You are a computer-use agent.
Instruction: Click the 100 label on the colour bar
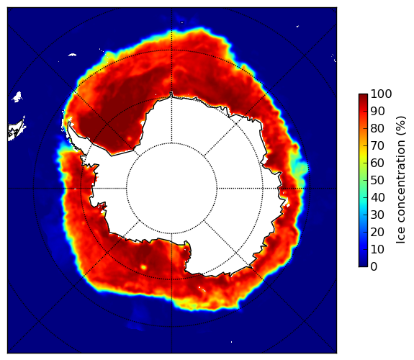pyautogui.click(x=381, y=94)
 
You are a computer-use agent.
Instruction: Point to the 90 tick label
pyautogui.click(x=377, y=111)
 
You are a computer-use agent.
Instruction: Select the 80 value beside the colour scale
pyautogui.click(x=377, y=129)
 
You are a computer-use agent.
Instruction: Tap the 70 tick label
pyautogui.click(x=377, y=145)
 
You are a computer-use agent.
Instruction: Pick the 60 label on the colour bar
pyautogui.click(x=377, y=163)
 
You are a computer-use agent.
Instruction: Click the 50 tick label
pyautogui.click(x=377, y=181)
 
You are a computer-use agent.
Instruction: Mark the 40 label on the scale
pyautogui.click(x=377, y=197)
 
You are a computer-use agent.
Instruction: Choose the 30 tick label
pyautogui.click(x=377, y=215)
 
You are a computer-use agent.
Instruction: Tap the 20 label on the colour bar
pyautogui.click(x=377, y=232)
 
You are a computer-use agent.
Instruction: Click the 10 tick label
pyautogui.click(x=377, y=249)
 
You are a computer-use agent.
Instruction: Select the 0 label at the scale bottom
pyautogui.click(x=374, y=267)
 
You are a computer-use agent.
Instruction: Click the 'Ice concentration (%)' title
pyautogui.click(x=401, y=180)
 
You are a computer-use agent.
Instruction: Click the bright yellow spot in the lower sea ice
pyautogui.click(x=143, y=267)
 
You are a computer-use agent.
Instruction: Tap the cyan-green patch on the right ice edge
pyautogui.click(x=299, y=167)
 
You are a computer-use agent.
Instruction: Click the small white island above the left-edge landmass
pyautogui.click(x=17, y=96)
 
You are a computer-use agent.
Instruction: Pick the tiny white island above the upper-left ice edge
pyautogui.click(x=72, y=55)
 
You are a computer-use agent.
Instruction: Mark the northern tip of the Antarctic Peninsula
pyautogui.click(x=69, y=123)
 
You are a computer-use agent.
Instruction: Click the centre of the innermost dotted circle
pyautogui.click(x=171, y=189)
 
